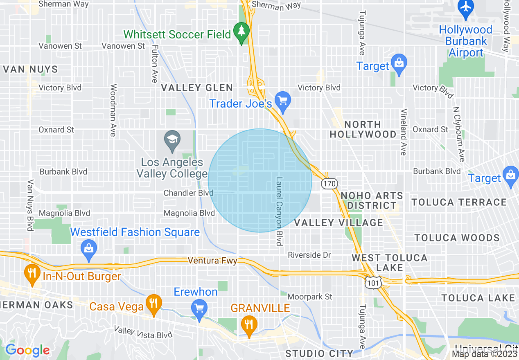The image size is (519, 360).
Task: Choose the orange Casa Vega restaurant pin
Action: click(153, 304)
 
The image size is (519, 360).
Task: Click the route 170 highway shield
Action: click(329, 184)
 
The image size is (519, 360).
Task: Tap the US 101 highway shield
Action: click(374, 282)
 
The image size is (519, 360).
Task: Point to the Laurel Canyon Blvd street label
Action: click(280, 211)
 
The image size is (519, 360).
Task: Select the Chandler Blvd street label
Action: click(188, 193)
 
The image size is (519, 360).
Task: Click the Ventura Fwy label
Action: click(212, 260)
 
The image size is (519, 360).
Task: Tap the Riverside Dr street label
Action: click(309, 255)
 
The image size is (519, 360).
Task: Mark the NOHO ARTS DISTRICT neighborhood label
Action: click(372, 200)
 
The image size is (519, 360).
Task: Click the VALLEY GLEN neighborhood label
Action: click(197, 88)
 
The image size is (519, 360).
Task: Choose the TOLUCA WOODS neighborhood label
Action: click(457, 238)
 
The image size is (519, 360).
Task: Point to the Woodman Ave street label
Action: click(113, 110)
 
